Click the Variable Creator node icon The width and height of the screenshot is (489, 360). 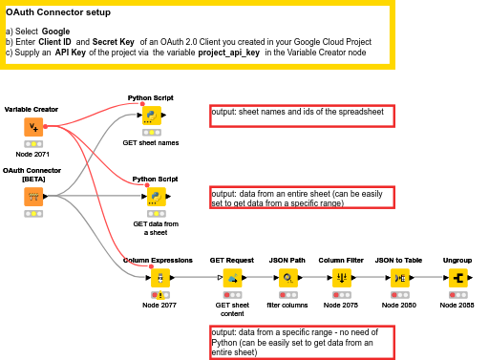click(x=32, y=126)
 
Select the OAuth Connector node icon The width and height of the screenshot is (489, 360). click(x=32, y=195)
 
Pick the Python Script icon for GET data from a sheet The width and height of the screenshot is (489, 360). click(x=153, y=197)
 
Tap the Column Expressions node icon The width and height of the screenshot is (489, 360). click(x=159, y=278)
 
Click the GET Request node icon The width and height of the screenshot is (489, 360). click(x=231, y=278)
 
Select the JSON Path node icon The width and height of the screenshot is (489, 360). click(x=287, y=278)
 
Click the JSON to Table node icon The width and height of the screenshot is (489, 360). click(x=400, y=278)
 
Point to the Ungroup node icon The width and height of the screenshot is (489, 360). click(x=457, y=278)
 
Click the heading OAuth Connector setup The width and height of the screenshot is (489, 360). click(x=63, y=13)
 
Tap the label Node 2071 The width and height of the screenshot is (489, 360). click(x=32, y=155)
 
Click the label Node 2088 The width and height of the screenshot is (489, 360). click(x=457, y=305)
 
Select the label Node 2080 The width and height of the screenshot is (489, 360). click(x=400, y=305)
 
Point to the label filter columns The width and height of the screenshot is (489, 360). click(x=287, y=305)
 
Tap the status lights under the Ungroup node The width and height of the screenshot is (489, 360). click(x=457, y=295)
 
